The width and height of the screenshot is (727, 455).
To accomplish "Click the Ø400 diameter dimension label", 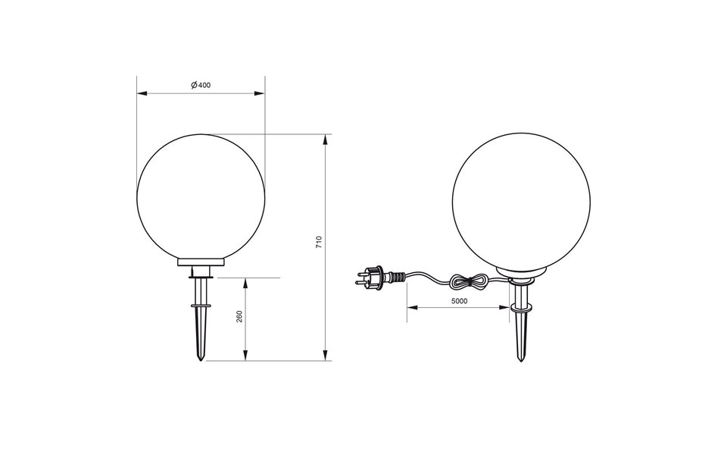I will coord(201,84).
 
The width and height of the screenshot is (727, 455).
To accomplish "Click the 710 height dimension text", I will coord(319,243).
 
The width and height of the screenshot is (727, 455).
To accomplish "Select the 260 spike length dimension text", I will coord(239,318).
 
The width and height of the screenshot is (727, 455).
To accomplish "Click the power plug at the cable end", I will coord(371,276).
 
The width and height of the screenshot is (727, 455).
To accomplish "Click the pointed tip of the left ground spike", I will coord(201,359).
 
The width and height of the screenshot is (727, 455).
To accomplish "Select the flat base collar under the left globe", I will coord(201,262).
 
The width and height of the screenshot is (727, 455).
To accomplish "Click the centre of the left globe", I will coord(201,196).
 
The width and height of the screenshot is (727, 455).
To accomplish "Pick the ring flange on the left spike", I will coord(201,306).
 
